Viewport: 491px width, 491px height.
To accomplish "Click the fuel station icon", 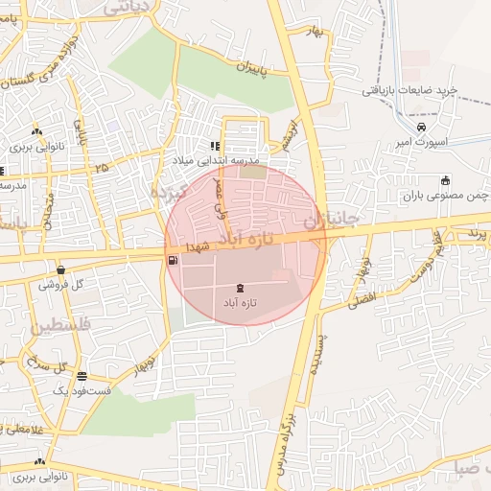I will [172, 260].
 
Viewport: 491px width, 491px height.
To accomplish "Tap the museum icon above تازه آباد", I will [239, 288].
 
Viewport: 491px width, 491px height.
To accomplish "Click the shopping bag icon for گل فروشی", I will [60, 270].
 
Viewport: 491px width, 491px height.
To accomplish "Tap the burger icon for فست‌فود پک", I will [82, 376].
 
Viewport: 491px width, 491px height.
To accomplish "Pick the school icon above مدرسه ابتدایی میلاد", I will [215, 147].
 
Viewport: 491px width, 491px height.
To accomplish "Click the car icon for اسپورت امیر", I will [422, 127].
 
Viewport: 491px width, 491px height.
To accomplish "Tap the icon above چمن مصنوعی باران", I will [445, 180].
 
